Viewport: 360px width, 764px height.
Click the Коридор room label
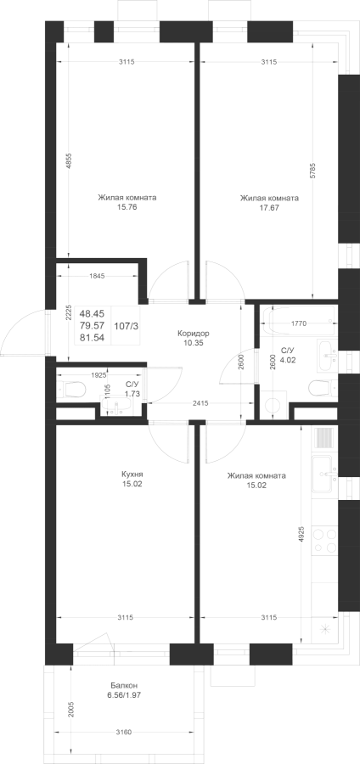point(193,334)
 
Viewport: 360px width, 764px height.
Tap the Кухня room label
point(132,475)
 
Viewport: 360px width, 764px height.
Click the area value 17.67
point(269,208)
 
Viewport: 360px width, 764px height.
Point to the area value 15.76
point(127,208)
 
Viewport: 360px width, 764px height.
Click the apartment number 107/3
point(127,326)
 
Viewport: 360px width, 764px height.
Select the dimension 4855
point(69,161)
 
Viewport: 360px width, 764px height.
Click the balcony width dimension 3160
point(125,732)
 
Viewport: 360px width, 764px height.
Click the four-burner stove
point(324,541)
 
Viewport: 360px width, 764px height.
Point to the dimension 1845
point(97,276)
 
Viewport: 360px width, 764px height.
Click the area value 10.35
point(193,343)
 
